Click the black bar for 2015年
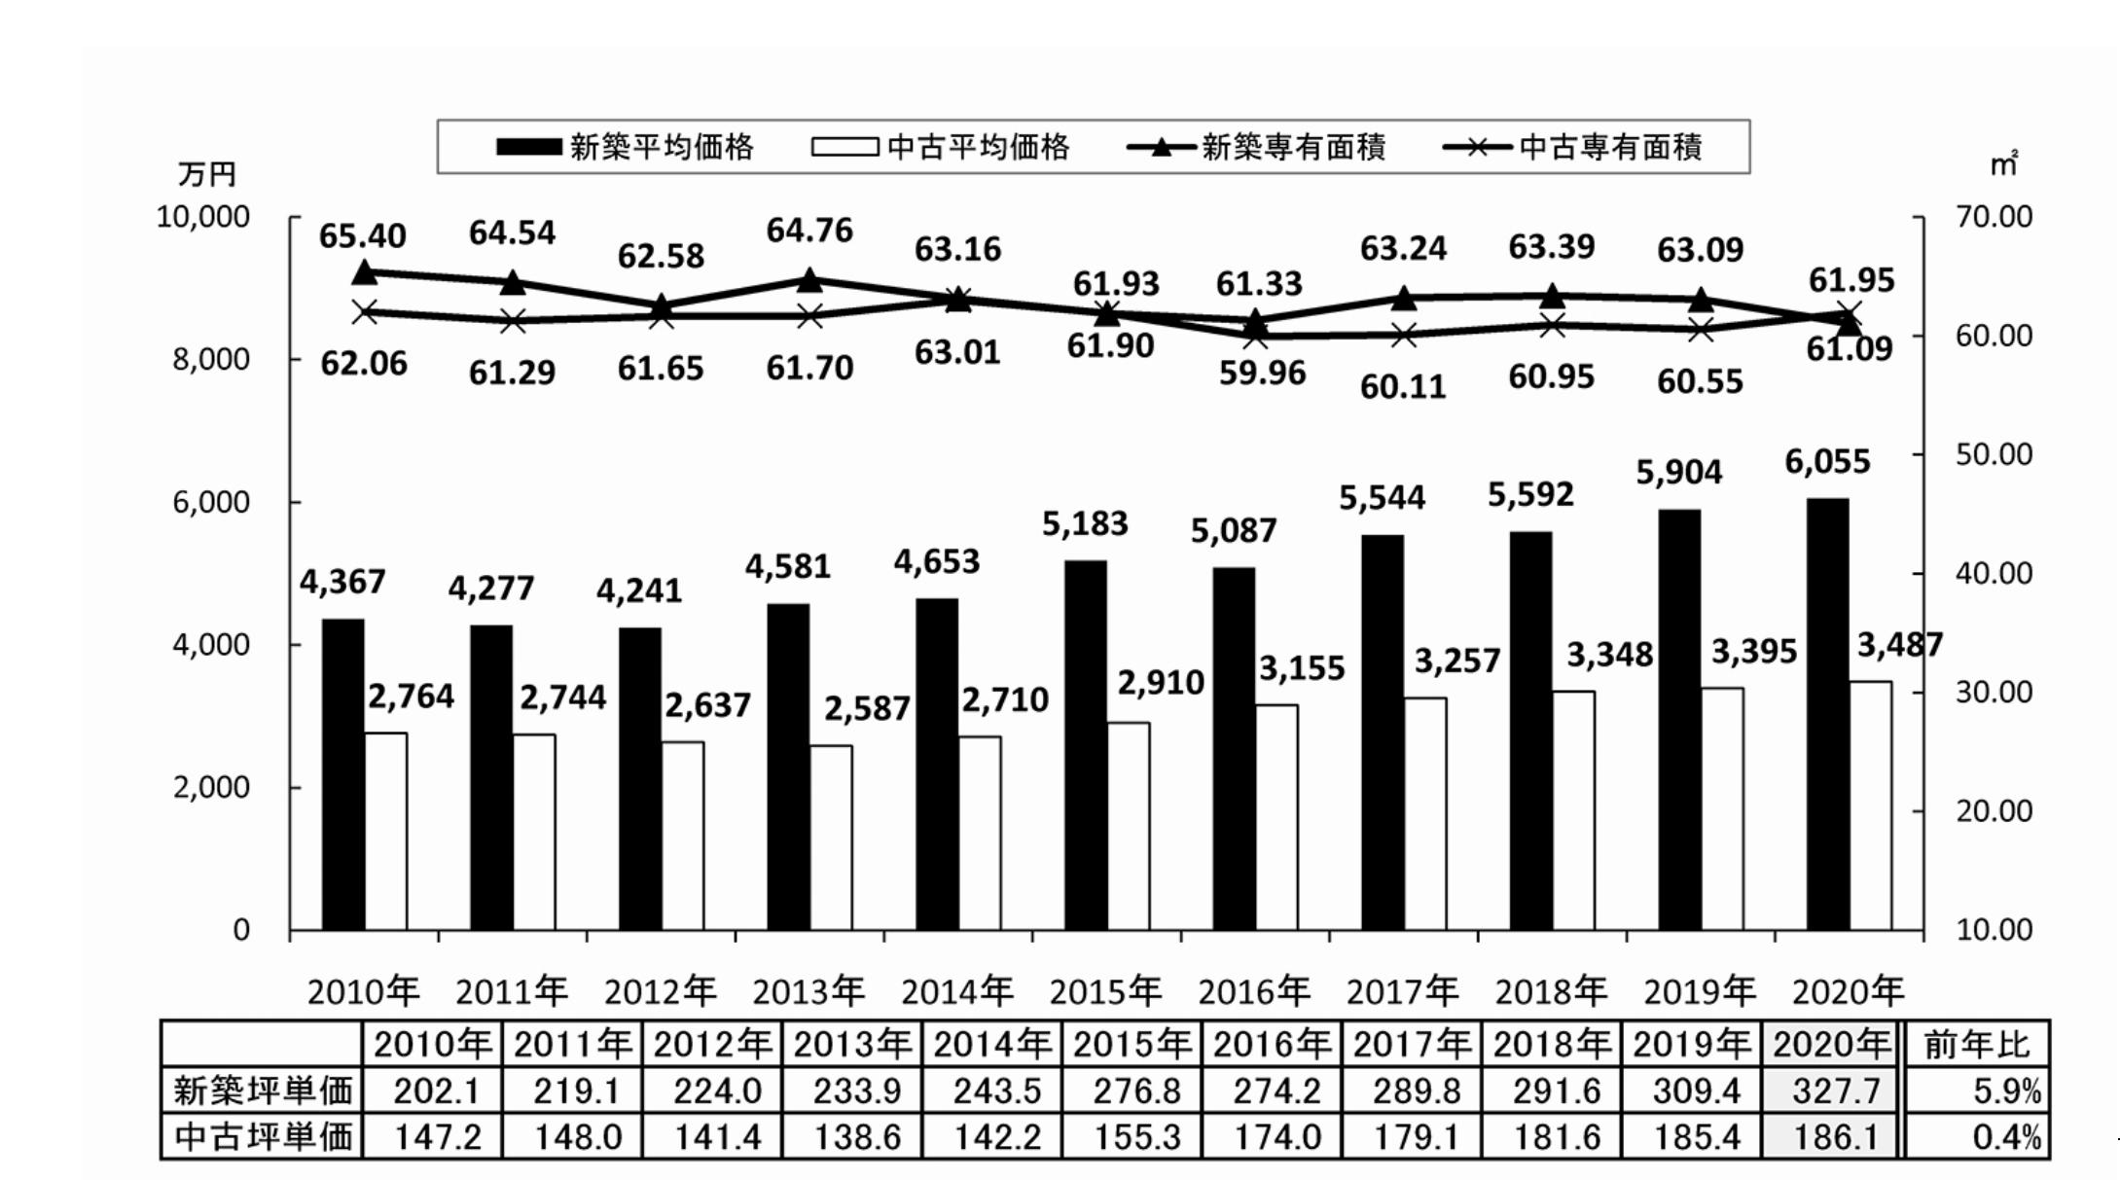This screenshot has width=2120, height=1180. click(x=1085, y=745)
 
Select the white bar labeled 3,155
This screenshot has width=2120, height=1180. click(x=1276, y=817)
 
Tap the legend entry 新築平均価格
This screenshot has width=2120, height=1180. click(x=625, y=147)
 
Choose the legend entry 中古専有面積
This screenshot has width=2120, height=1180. click(x=1572, y=147)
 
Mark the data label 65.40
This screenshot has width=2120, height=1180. click(x=363, y=235)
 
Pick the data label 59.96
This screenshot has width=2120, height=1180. click(x=1262, y=373)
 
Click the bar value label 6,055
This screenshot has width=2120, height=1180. click(x=1827, y=461)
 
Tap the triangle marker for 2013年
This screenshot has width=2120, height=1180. click(x=809, y=280)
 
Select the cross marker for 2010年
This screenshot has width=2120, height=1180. click(x=365, y=312)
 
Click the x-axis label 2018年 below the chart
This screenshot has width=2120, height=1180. click(x=1551, y=991)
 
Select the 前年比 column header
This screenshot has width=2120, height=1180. click(x=1976, y=1045)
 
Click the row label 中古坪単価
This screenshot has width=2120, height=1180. click(x=262, y=1136)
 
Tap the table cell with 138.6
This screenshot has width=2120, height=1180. click(x=858, y=1136)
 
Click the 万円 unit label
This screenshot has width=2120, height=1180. click(x=207, y=174)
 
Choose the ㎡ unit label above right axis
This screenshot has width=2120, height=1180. click(x=2003, y=163)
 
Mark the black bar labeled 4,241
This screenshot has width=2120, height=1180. click(x=639, y=779)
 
